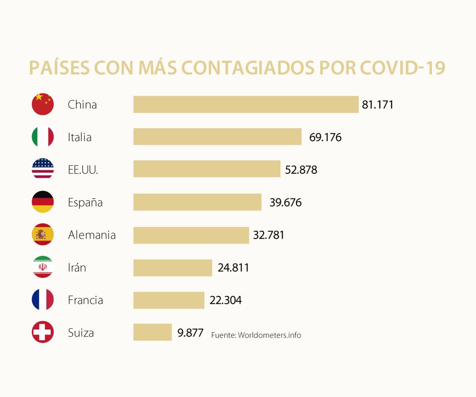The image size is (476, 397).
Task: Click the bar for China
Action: (246, 105)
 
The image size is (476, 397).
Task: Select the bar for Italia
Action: (217, 137)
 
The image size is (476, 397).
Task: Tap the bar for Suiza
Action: (152, 332)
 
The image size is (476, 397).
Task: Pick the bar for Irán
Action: (173, 268)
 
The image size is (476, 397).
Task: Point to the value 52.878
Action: (301, 170)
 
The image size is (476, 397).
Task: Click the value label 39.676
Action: (286, 202)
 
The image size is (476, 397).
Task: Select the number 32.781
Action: (269, 235)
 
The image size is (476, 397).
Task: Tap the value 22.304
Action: (226, 300)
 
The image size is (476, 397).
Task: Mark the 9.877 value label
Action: (190, 332)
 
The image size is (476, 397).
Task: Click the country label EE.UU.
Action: (83, 170)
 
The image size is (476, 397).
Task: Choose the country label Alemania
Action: (92, 235)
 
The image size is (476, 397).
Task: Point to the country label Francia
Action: (86, 300)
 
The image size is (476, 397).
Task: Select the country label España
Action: (85, 202)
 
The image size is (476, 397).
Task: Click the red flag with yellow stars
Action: (43, 105)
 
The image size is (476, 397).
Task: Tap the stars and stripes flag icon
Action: (43, 169)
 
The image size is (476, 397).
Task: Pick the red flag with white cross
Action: (43, 332)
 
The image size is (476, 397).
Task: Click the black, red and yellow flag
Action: (43, 202)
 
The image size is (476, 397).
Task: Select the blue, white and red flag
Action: (43, 300)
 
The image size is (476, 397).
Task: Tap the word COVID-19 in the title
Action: (402, 68)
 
